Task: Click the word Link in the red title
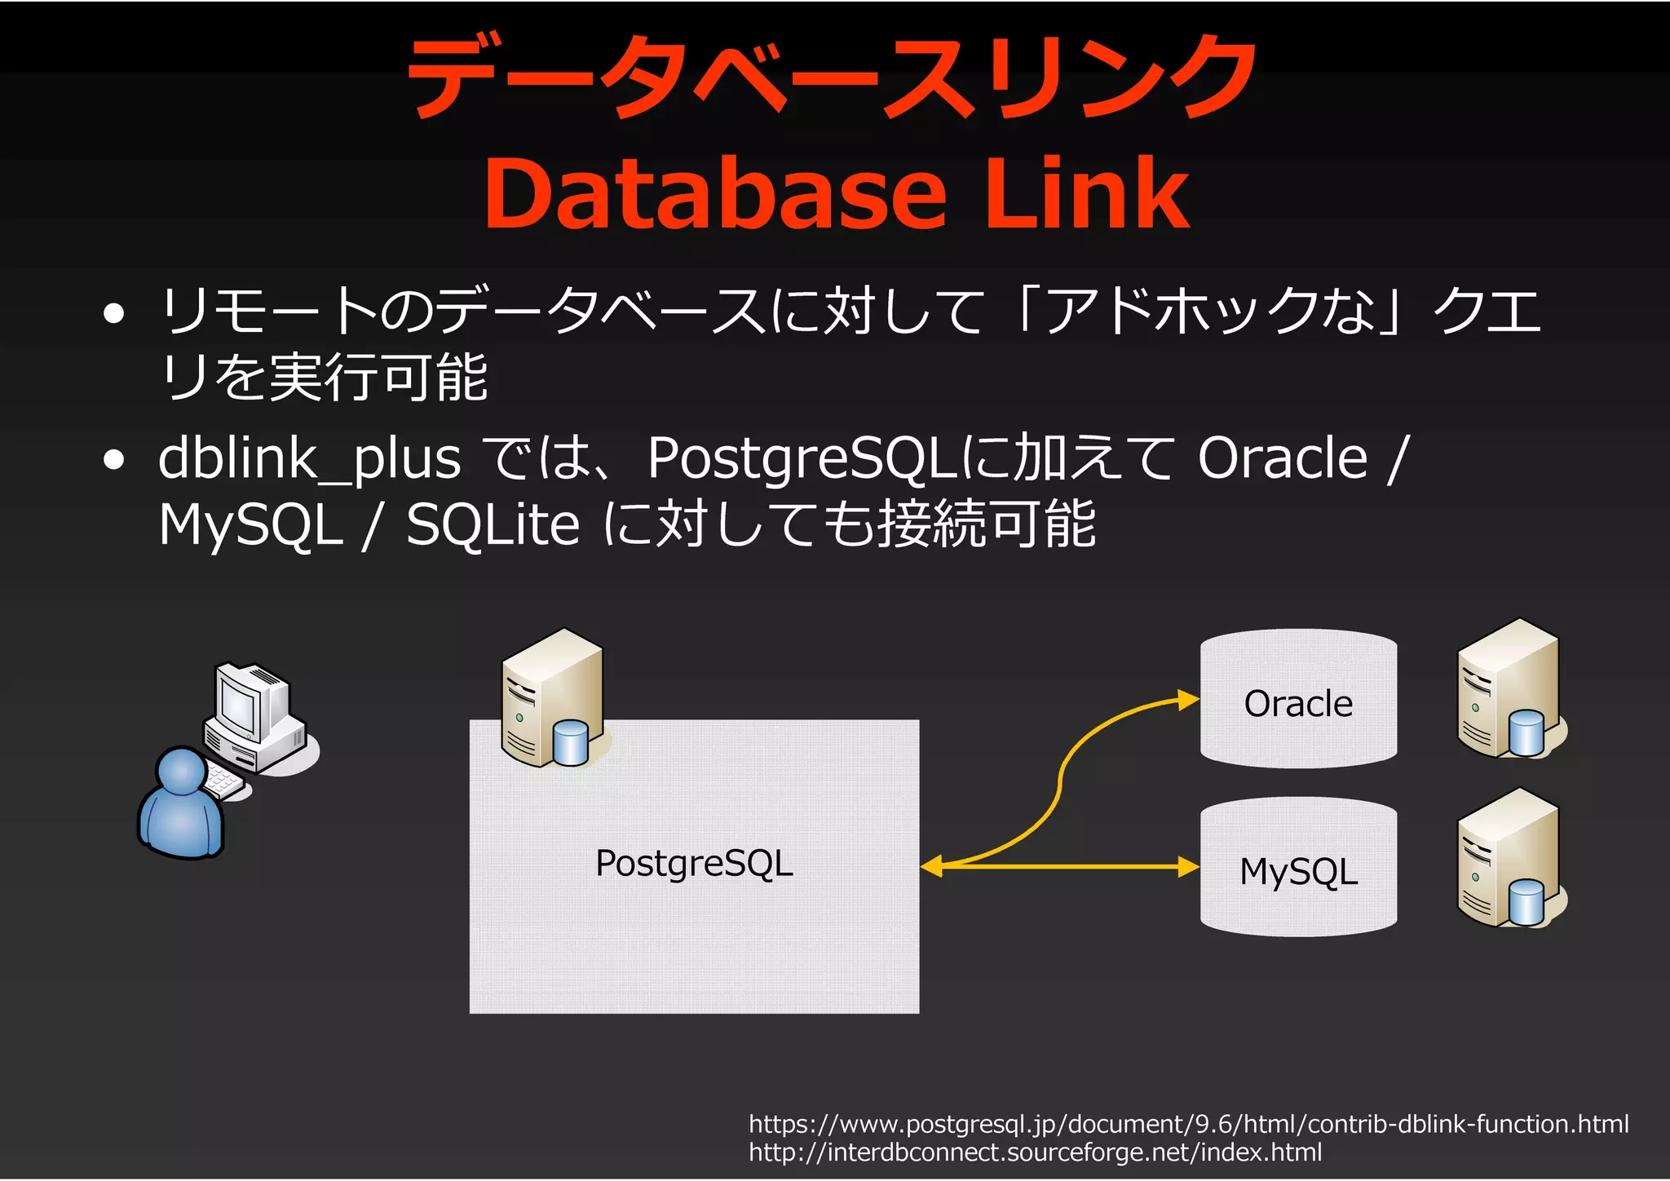coord(1088,194)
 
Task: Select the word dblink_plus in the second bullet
coord(309,459)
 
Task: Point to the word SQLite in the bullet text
coord(493,524)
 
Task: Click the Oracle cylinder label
coord(1298,703)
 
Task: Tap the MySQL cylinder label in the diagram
coord(1298,871)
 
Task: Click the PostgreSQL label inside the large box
coord(694,863)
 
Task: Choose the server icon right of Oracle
coord(1510,689)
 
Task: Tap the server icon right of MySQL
coord(1510,858)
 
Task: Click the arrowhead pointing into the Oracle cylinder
coord(1188,700)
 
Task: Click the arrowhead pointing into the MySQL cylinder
coord(1188,866)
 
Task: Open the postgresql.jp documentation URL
coord(1188,1124)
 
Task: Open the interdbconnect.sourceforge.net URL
coord(1035,1152)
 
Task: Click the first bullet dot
coord(114,313)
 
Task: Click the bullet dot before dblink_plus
coord(114,460)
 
